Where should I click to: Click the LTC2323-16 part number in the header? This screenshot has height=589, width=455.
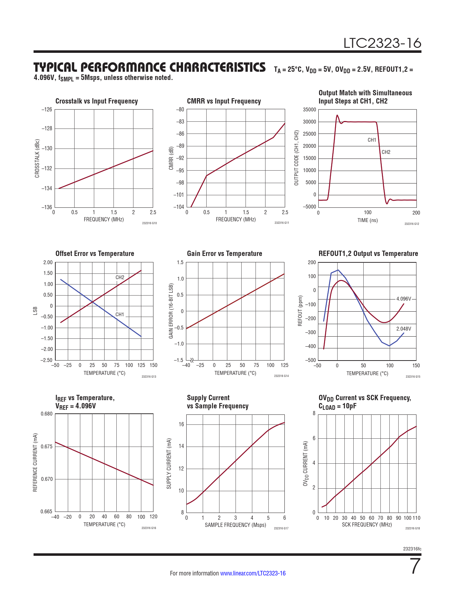382,43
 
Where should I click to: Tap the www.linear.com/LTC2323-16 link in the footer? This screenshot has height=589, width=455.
253,573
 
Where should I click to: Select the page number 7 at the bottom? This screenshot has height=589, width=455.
415,566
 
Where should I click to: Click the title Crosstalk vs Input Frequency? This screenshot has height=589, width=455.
96,101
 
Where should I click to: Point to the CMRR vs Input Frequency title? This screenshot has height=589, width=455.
224,101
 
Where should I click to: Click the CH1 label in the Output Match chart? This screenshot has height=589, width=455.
372,140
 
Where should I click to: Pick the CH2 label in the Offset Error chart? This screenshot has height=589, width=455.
120,277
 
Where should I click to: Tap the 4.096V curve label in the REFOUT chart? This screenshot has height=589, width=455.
404,299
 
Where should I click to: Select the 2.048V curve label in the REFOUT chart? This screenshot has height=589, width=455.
404,329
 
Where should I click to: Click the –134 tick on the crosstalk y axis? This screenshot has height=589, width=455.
47,188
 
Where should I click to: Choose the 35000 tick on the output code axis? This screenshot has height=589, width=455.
309,110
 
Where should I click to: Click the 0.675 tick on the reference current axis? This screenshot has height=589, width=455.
46,447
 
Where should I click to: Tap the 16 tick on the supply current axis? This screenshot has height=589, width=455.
181,424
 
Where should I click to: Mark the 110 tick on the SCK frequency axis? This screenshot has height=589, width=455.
416,518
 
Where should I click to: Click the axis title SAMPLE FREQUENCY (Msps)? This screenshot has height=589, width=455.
235,525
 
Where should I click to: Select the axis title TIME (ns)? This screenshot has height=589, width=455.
368,220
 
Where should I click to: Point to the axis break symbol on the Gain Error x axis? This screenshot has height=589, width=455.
192,360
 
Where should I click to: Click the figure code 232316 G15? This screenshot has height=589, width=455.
413,377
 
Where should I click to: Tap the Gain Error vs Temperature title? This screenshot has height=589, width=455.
224,254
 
